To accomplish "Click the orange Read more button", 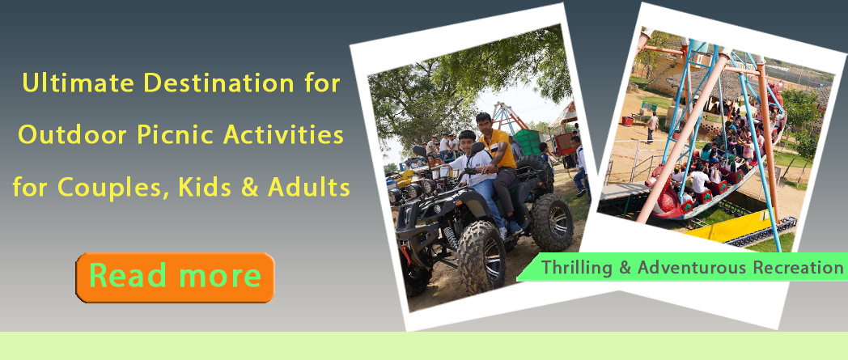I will click(175, 277).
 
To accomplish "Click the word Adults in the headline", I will click(312, 188).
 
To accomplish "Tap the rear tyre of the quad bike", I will click(552, 222).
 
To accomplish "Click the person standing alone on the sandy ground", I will click(652, 126).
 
